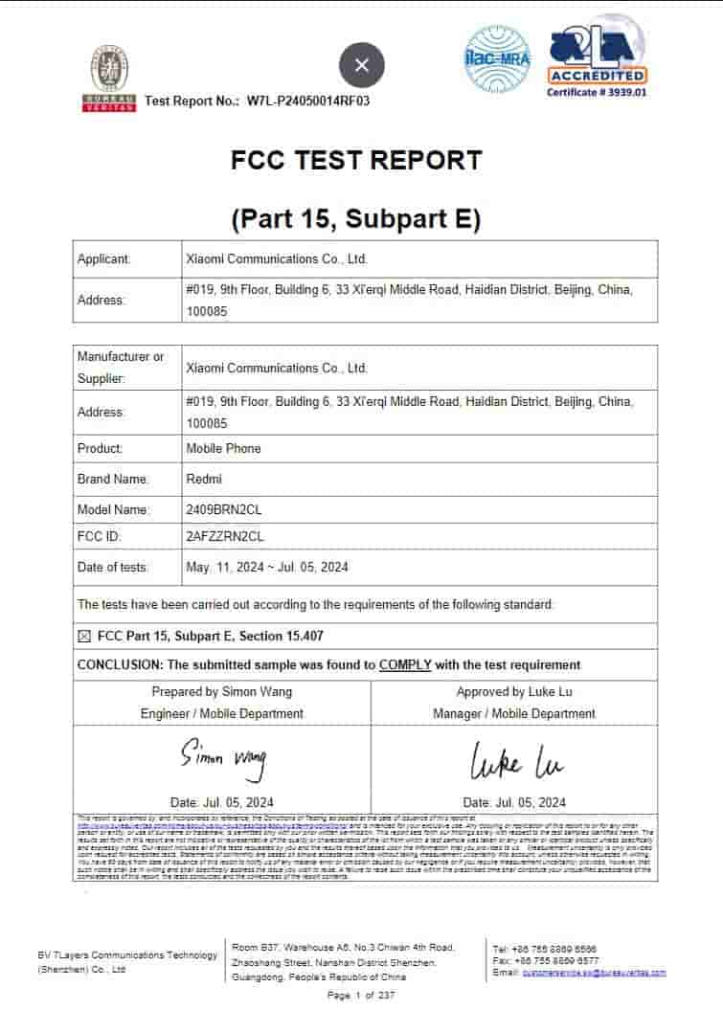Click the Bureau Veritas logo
pos(108,79)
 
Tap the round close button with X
pos(361,65)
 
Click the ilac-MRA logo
pos(497,59)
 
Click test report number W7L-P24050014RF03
pos(307,101)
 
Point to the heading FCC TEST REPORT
pos(356,160)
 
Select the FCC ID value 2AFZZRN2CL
pos(224,536)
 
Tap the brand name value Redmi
pos(202,479)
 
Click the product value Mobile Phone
pos(223,448)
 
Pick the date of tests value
pos(266,567)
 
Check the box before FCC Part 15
pos(83,636)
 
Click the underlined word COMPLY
pos(405,664)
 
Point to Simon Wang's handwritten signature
pos(223,759)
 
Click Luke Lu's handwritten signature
pos(514,762)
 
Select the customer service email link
pos(594,973)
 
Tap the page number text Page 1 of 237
pos(361,996)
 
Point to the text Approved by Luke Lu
pos(514,691)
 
